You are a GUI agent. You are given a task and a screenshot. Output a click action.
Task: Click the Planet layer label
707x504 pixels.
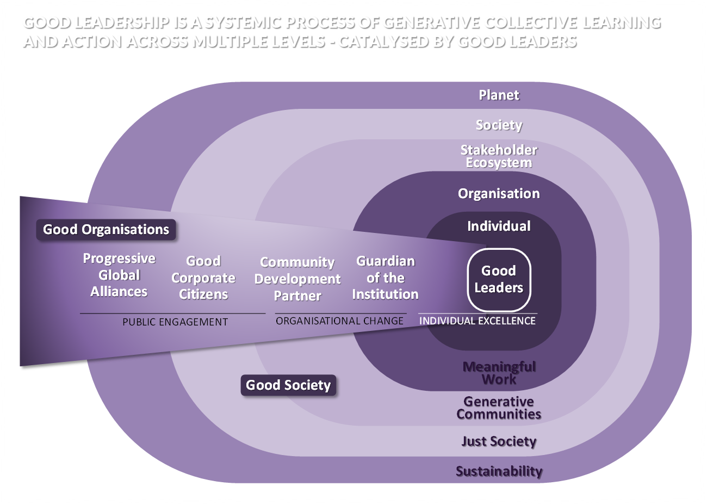pyautogui.click(x=499, y=95)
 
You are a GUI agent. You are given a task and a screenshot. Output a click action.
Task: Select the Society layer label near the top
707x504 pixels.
pyautogui.click(x=499, y=125)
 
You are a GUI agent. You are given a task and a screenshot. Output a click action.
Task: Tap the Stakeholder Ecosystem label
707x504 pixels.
pyautogui.click(x=499, y=156)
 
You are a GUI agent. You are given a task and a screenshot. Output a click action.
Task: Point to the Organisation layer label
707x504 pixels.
pyautogui.click(x=499, y=194)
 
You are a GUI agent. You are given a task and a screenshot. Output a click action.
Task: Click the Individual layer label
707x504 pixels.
pyautogui.click(x=499, y=226)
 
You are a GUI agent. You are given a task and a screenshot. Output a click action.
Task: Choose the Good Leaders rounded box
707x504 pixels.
pyautogui.click(x=499, y=279)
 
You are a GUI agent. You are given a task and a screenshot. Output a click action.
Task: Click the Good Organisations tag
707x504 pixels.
pyautogui.click(x=106, y=230)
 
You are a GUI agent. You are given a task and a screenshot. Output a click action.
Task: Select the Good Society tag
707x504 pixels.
pyautogui.click(x=288, y=385)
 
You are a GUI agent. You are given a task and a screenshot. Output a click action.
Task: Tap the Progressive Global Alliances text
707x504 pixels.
pyautogui.click(x=119, y=275)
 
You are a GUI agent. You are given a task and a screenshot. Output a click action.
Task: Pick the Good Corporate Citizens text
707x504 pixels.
pyautogui.click(x=203, y=278)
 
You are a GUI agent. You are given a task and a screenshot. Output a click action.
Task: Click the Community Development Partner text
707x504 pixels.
pyautogui.click(x=297, y=279)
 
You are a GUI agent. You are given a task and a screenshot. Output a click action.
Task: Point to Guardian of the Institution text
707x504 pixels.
pyautogui.click(x=386, y=278)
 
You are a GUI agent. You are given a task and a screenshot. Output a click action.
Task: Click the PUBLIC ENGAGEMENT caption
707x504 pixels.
pyautogui.click(x=175, y=322)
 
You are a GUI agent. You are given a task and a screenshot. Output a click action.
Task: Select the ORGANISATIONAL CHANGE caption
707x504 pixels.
pyautogui.click(x=340, y=321)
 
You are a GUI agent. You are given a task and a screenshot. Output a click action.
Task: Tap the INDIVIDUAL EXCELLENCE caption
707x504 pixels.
pyautogui.click(x=477, y=321)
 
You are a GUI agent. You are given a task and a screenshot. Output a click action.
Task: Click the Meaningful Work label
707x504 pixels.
pyautogui.click(x=499, y=373)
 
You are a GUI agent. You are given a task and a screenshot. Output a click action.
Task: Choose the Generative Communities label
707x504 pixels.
pyautogui.click(x=499, y=408)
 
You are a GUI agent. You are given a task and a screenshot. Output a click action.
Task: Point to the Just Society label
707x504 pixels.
pyautogui.click(x=499, y=441)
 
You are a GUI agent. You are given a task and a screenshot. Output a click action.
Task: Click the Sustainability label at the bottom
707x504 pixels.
pyautogui.click(x=499, y=471)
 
